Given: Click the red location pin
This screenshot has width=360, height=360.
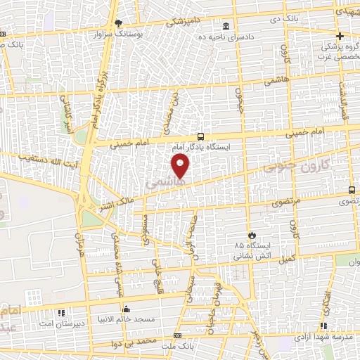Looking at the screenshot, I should (181, 166).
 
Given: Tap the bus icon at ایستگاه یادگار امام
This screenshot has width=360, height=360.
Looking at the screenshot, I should (202, 137).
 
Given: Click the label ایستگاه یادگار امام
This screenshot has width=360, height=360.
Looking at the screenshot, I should (200, 148).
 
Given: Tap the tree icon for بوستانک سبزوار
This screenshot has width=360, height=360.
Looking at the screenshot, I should (119, 23).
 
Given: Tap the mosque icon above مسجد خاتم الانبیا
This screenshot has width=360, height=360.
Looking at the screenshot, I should (126, 308).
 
